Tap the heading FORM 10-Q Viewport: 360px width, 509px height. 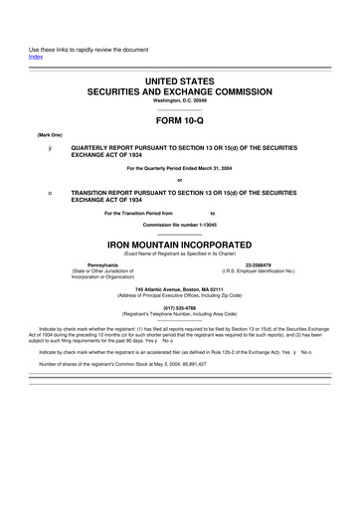pyautogui.click(x=179, y=117)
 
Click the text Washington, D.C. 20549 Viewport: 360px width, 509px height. pyautogui.click(x=179, y=100)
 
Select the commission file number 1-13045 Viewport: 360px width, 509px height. pyautogui.click(x=203, y=225)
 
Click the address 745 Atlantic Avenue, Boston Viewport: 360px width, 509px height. pyautogui.click(x=179, y=289)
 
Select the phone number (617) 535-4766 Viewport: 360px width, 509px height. pyautogui.click(x=179, y=308)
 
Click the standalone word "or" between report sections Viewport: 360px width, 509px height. pyautogui.click(x=179, y=179)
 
